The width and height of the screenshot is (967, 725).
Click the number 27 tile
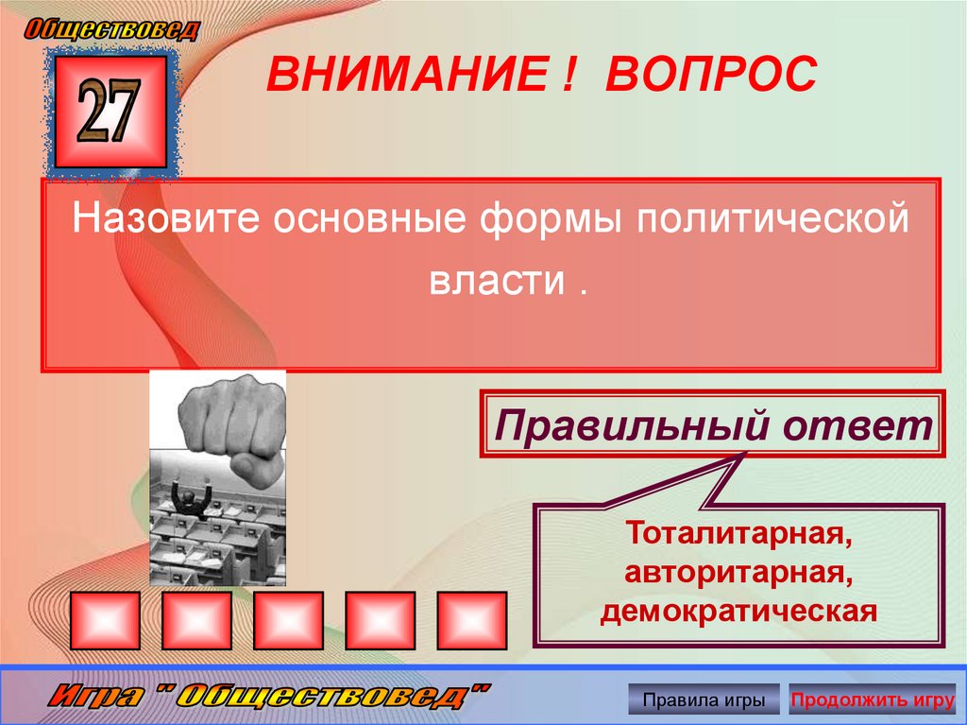click(110, 111)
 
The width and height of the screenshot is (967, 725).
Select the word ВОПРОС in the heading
click(709, 75)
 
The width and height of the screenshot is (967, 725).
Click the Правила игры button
click(704, 700)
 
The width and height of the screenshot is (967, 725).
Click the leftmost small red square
click(104, 621)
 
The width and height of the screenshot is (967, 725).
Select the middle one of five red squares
click(288, 621)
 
